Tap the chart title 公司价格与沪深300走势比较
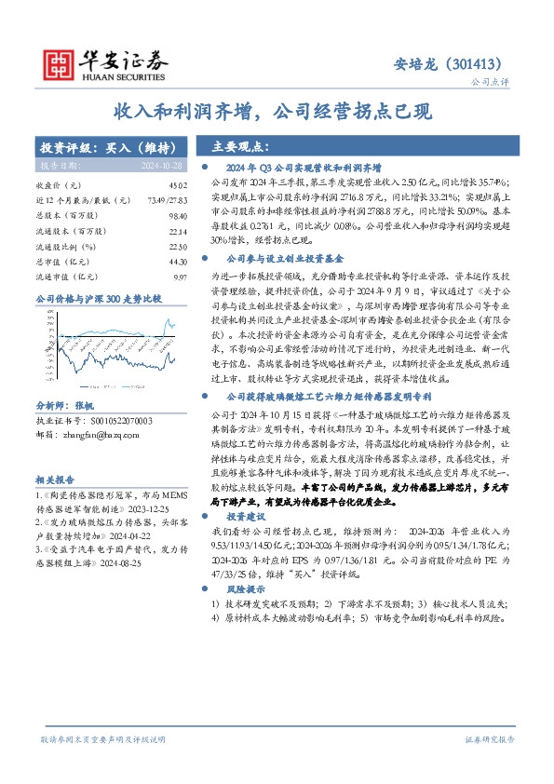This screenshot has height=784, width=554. (x=86, y=299)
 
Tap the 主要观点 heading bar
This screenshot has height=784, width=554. (x=240, y=147)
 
